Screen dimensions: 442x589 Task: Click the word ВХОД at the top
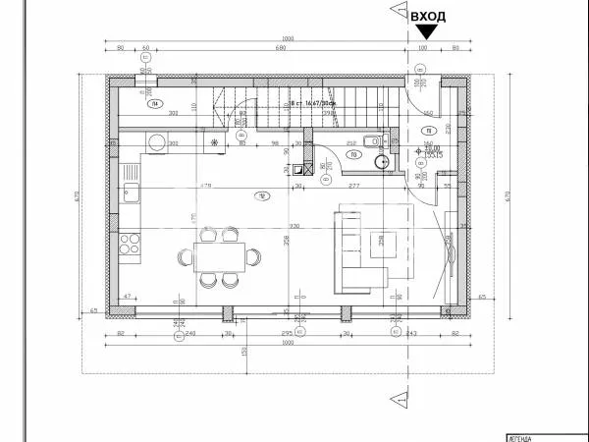pos(430,17)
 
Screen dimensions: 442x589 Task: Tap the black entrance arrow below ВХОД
pos(428,32)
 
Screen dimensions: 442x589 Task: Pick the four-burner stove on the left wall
pos(131,243)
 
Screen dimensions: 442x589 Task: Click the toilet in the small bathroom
pos(372,141)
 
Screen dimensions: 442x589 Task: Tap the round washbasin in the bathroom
pos(382,161)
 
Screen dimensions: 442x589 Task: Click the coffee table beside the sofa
pos(384,241)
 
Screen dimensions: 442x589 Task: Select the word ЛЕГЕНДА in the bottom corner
pos(521,437)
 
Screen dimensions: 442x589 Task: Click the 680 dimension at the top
pos(280,47)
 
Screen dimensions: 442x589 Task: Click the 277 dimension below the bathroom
pos(355,185)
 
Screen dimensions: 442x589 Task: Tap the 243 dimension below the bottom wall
pos(410,333)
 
